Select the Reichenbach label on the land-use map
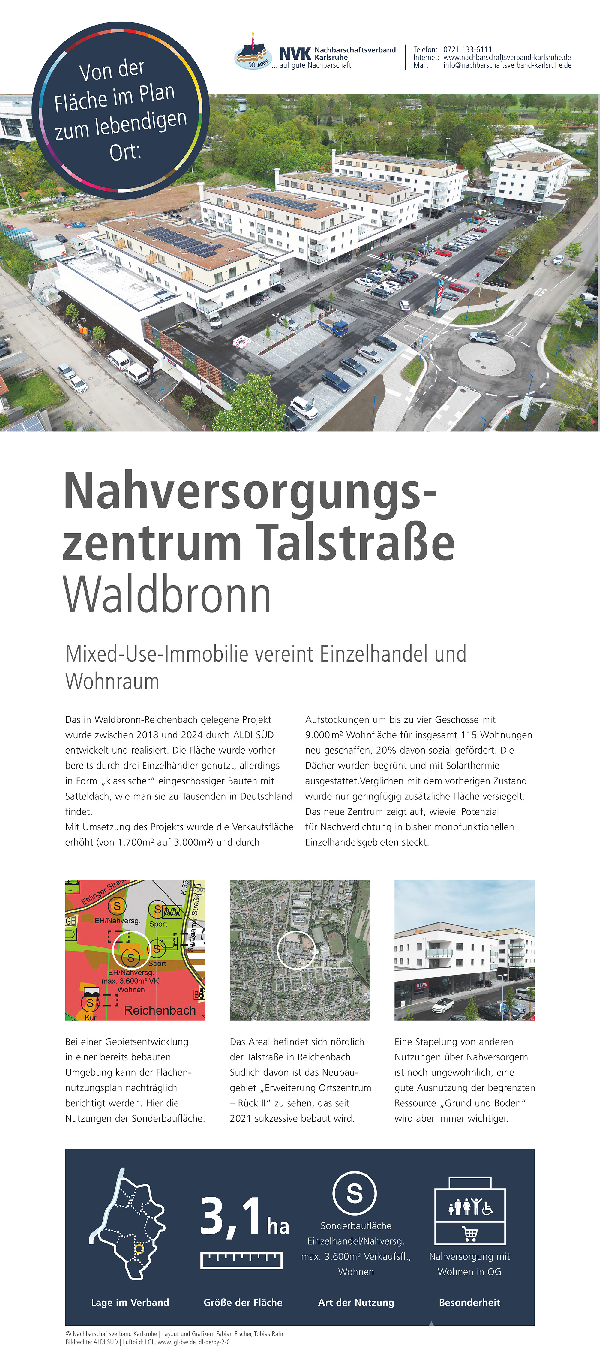point(160,1010)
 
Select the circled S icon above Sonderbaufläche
point(355,1193)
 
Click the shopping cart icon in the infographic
point(469,1233)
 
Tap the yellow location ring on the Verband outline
point(139,1249)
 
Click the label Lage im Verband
point(130,1302)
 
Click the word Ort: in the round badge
point(126,152)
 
